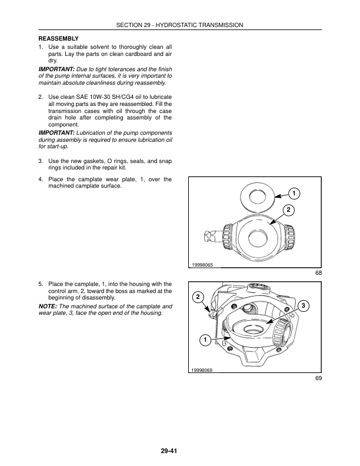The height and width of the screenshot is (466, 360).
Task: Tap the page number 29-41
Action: [x=168, y=451]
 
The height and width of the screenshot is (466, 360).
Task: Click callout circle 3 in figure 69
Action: [x=302, y=305]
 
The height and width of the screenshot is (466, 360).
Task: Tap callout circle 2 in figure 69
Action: [x=198, y=296]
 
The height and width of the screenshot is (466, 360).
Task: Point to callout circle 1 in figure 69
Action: [x=203, y=341]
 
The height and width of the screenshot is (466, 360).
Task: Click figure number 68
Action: [x=318, y=273]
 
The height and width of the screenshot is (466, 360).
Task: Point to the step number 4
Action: [x=39, y=179]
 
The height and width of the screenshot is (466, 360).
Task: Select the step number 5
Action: [x=39, y=284]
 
